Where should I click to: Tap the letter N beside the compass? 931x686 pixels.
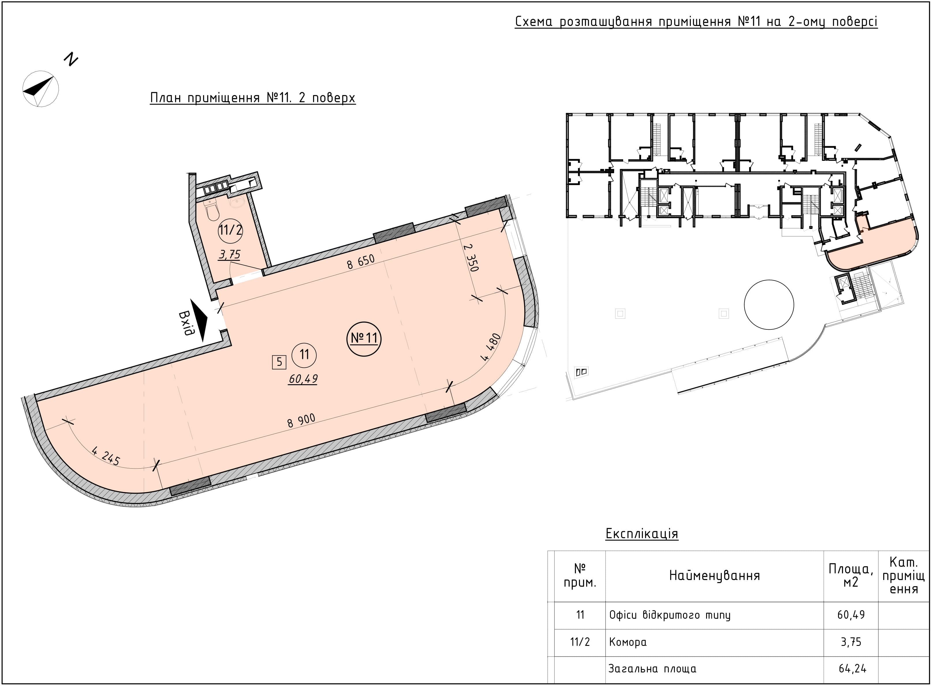coord(71,59)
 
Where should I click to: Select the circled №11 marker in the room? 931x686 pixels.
coord(364,338)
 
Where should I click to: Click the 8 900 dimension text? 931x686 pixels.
coord(301,421)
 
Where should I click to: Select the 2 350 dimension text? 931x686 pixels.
coord(471,258)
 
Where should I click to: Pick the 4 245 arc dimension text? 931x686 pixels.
coord(106,456)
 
